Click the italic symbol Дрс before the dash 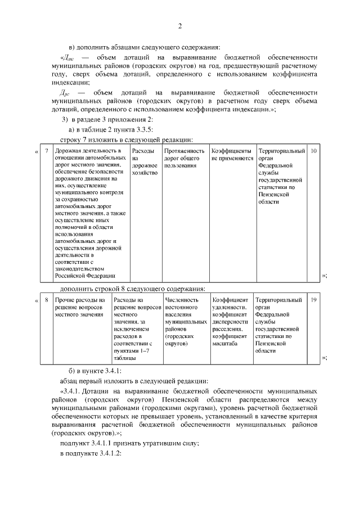point(65,92)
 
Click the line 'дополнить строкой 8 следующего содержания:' point(132,289)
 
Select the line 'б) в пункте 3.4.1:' point(91,370)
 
